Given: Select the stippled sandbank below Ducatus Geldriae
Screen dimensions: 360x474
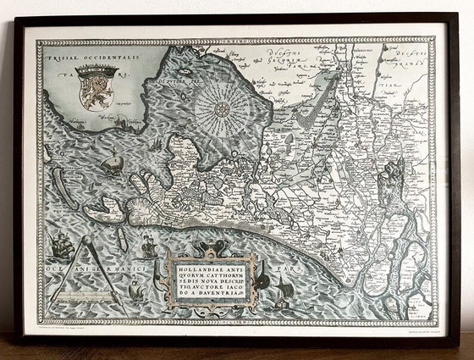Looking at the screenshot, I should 311,110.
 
